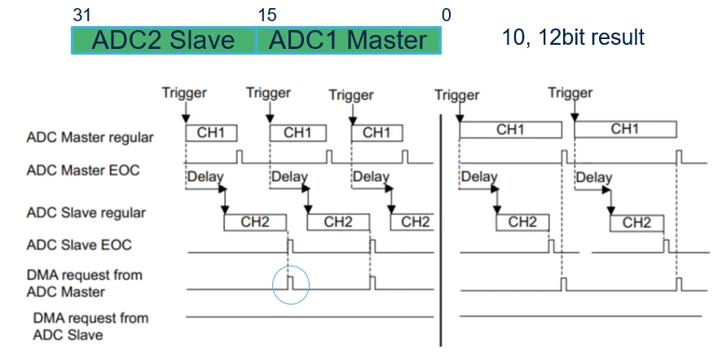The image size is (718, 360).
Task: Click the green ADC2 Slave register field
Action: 164,40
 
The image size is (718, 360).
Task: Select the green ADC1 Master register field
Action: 349,40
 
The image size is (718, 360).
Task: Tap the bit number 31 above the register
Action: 82,15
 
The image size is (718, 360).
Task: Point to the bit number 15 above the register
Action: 267,15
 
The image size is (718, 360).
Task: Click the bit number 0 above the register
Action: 446,15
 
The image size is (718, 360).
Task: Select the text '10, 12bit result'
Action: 573,37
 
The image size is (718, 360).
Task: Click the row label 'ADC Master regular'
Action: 90,137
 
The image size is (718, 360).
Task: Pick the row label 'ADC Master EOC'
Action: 83,170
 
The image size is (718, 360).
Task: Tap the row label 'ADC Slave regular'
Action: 86,213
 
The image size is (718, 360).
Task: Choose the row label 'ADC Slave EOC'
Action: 79,244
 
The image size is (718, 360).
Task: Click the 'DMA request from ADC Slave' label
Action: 90,326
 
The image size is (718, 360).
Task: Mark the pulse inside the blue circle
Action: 290,283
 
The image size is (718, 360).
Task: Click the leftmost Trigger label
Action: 184,93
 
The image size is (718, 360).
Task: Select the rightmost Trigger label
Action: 570,93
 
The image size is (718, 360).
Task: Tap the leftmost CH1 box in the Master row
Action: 211,133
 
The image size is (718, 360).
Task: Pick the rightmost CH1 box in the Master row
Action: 626,130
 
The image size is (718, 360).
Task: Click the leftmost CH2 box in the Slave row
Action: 255,222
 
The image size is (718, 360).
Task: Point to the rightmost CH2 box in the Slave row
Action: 637,223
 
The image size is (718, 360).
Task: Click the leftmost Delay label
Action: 205,177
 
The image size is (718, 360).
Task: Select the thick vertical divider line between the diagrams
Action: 441,230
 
